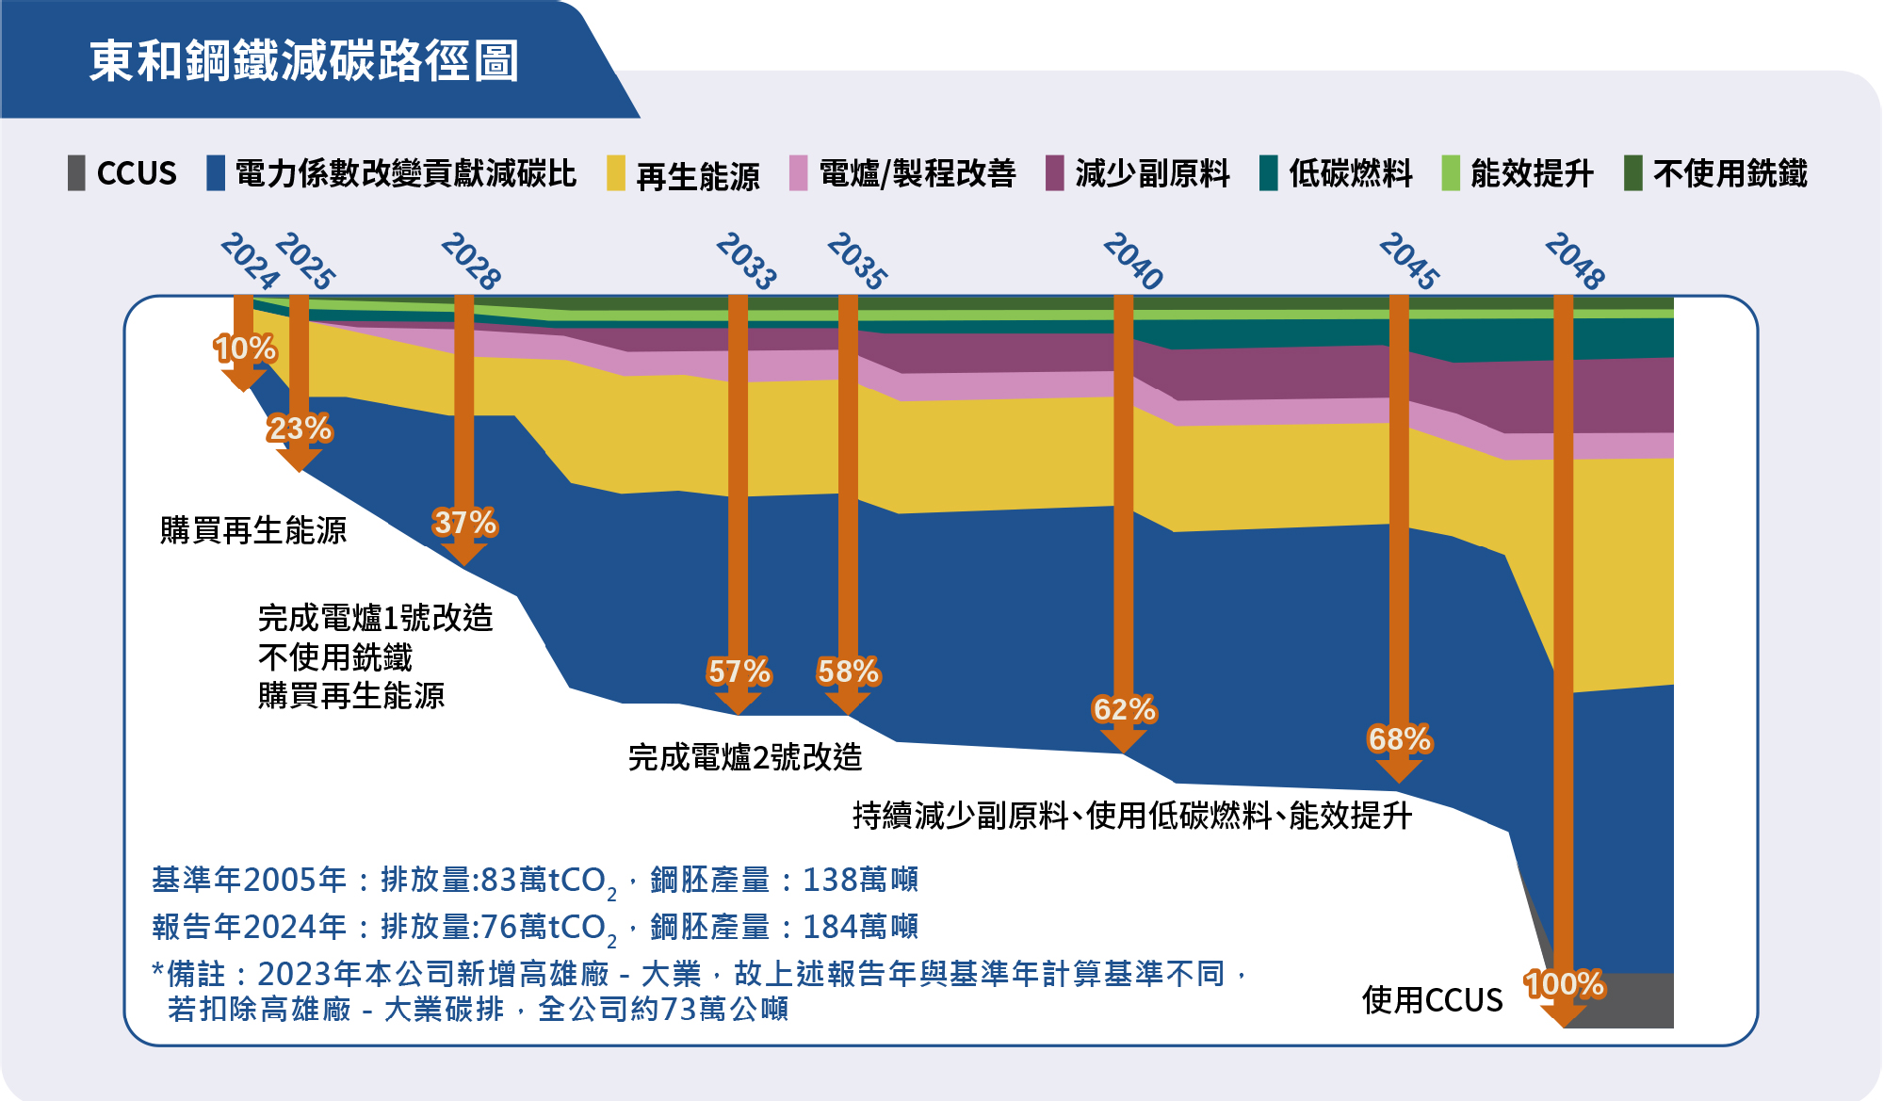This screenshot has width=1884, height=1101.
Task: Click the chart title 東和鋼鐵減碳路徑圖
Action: tap(304, 60)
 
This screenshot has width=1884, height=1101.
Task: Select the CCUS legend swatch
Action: tap(76, 173)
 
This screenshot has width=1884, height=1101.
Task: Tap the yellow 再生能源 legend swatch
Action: tap(616, 173)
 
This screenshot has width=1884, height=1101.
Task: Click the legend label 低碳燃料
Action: tap(1351, 173)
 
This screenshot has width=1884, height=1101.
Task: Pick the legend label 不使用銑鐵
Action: tap(1730, 173)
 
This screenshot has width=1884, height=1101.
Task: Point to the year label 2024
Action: tap(250, 261)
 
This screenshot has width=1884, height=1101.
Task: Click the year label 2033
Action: tap(746, 261)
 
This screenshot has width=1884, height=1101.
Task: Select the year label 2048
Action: tap(1575, 261)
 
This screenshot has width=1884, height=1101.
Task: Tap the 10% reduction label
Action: tap(244, 348)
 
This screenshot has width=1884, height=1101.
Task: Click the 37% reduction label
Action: tap(464, 523)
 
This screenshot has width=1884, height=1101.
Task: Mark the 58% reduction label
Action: tap(848, 672)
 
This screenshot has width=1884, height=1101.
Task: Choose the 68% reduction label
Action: tap(1399, 739)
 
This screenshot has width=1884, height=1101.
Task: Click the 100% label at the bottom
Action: tap(1564, 984)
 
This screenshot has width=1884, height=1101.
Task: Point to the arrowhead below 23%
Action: tap(299, 460)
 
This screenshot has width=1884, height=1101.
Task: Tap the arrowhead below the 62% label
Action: tap(1123, 741)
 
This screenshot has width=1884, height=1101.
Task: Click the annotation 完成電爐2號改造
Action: tap(745, 757)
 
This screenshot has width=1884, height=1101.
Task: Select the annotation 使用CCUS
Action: tap(1432, 1000)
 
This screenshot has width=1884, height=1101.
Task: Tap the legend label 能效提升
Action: tap(1532, 173)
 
